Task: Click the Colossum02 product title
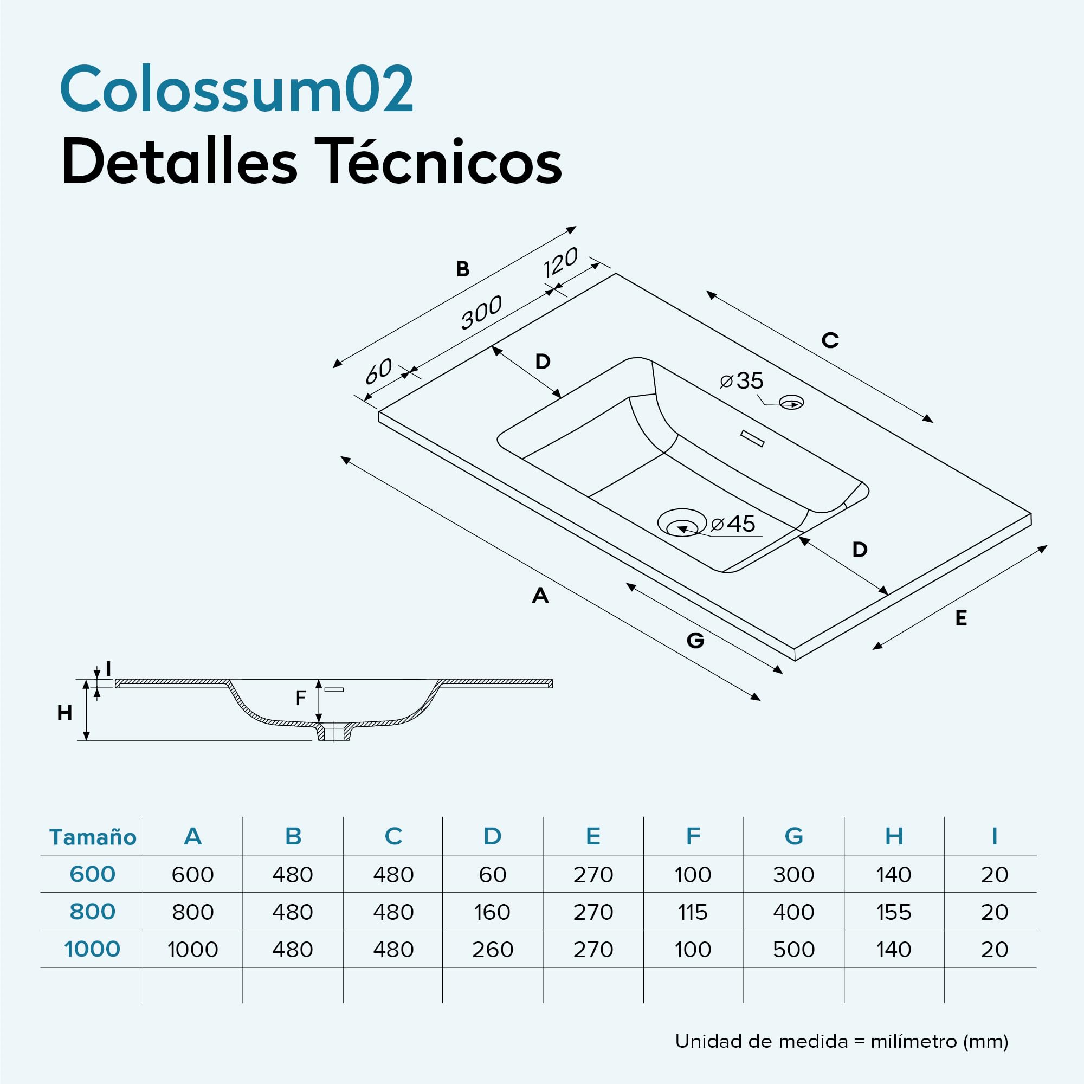pos(237,89)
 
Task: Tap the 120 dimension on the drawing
pos(560,262)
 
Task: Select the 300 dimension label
pos(481,313)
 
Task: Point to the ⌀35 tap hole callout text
pos(741,381)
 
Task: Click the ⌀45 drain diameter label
pos(733,524)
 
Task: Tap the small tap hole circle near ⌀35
pos(791,402)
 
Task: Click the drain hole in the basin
pos(682,522)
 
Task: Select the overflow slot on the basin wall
pos(752,438)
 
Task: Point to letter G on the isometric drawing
pos(695,640)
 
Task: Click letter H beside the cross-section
pos(64,713)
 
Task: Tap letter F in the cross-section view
pos(301,698)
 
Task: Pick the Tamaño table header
pos(93,836)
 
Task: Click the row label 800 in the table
pos(93,911)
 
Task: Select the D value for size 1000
pos(493,950)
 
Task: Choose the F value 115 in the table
pos(693,912)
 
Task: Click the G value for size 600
pos(793,874)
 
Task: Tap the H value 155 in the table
pos(894,912)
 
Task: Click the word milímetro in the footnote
pos(913,1041)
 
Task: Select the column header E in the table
pos(593,836)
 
